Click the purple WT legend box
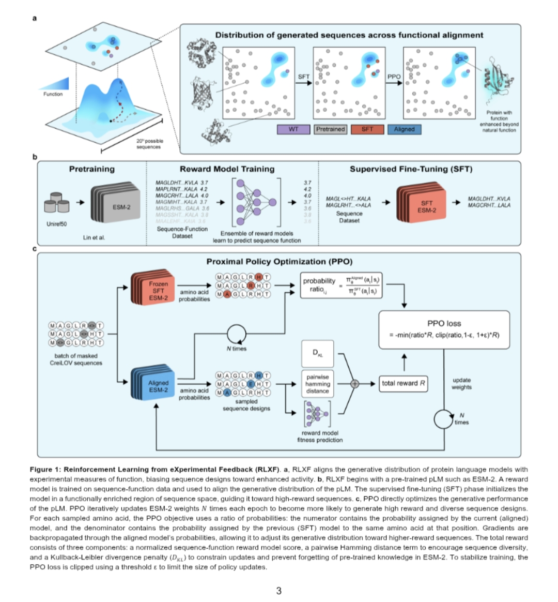click(293, 129)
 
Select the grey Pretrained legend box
click(330, 129)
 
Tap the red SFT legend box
click(367, 129)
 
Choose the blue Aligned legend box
click(404, 129)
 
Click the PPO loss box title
click(444, 323)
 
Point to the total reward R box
click(404, 383)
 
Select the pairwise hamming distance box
click(317, 384)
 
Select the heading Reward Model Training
click(227, 169)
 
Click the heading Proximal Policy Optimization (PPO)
click(280, 262)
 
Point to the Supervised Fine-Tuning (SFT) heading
click(411, 169)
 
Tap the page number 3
click(279, 590)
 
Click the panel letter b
click(35, 157)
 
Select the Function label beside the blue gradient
click(53, 94)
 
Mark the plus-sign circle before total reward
click(355, 383)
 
